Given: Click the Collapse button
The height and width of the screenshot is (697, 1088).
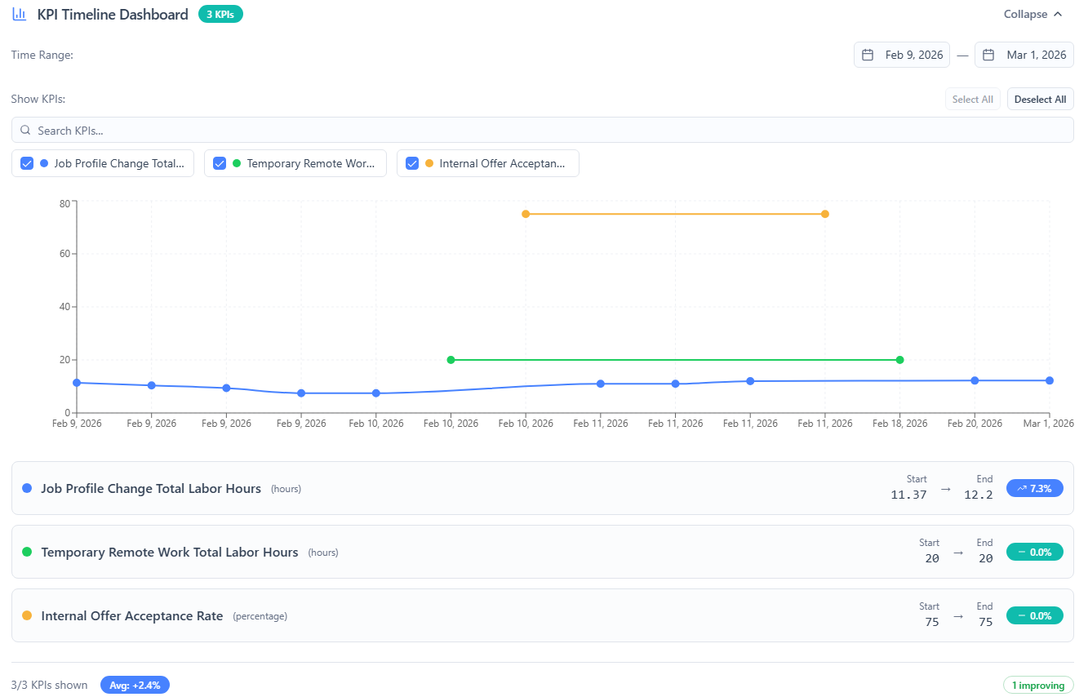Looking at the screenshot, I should (1032, 14).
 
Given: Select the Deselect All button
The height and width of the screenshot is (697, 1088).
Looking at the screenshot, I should (1040, 100).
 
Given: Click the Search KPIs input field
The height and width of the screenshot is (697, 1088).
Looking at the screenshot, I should (542, 131).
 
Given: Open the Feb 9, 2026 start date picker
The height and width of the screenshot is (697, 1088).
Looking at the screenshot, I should (904, 55).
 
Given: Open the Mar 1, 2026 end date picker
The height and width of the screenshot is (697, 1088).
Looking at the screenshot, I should (1024, 55).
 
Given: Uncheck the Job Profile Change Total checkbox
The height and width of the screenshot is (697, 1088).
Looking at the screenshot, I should (27, 163).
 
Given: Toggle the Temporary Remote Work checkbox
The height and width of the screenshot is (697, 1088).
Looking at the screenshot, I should (220, 163).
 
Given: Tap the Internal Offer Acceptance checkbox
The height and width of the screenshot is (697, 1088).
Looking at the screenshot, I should (412, 163).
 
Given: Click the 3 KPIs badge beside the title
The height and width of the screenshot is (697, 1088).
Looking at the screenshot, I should (220, 14).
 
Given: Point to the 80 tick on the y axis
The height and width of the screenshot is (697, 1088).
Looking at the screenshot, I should (64, 202).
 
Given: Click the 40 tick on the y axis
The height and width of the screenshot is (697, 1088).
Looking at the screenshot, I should (64, 307).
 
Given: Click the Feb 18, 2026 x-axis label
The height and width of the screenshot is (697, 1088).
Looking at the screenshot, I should (899, 424).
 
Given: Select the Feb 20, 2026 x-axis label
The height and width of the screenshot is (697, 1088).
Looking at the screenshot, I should (975, 424).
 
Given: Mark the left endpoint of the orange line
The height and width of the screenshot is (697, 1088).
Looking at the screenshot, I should (526, 214).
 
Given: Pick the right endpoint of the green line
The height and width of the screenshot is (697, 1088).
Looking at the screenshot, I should (899, 360).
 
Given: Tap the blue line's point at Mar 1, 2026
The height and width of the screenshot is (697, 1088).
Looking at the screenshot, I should (1050, 380).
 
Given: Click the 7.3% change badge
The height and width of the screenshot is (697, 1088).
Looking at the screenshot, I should (1034, 488).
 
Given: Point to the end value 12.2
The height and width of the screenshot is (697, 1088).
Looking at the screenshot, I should (979, 495).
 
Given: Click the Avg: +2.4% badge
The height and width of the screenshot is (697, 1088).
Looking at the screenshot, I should (135, 685).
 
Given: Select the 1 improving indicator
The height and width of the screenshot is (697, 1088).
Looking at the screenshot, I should (1038, 685).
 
